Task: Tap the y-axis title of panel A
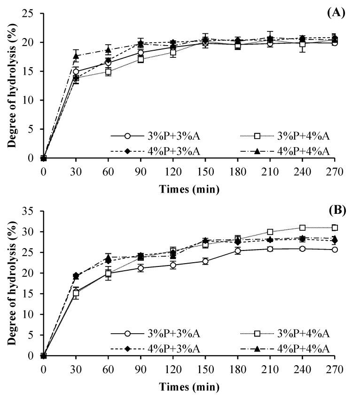point(11,86)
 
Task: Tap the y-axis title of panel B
point(11,283)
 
